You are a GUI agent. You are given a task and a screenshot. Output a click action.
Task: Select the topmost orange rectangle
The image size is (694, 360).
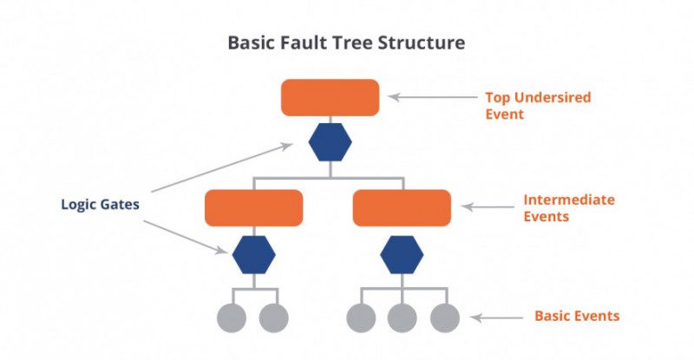pos(330,97)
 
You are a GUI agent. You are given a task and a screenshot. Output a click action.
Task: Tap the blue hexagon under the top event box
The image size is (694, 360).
pos(330,142)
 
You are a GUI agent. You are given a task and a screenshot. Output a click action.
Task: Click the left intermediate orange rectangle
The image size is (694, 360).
pos(253,208)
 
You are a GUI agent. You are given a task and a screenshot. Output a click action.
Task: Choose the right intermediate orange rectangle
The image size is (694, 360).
pos(402,208)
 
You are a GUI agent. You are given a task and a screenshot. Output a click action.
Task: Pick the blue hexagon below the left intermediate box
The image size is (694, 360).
pos(253,253)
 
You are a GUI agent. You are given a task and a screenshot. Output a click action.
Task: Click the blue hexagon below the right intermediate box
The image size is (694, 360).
pos(402,253)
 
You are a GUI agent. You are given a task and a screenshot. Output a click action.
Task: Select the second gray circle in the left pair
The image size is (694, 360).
pos(274,317)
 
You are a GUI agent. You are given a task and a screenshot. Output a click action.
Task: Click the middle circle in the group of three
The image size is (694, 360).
pos(402,317)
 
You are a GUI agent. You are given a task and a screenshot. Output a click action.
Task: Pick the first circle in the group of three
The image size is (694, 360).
pos(361,317)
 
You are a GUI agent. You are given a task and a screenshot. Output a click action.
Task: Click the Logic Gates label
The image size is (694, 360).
pos(101,205)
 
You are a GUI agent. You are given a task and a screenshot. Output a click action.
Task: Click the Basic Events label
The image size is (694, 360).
pos(577,316)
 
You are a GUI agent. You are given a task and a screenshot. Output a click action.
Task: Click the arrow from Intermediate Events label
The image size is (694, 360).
pos(488,207)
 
